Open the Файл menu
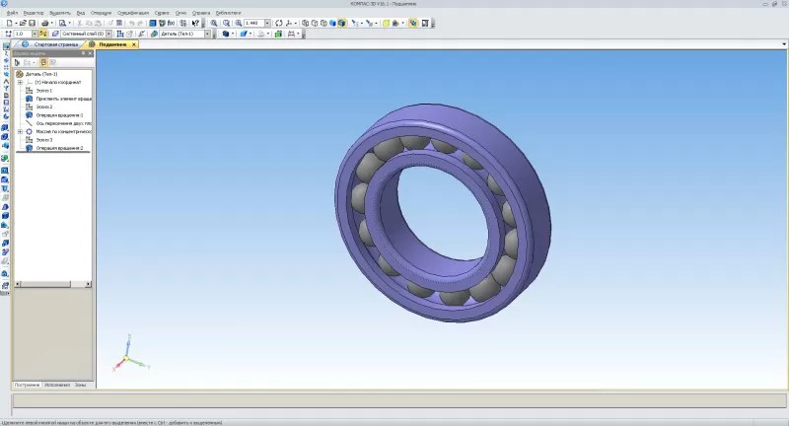12,12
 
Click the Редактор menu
34,12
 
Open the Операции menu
102,12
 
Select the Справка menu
199,12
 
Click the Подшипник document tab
111,44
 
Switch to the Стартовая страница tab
54,44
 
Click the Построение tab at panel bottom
27,384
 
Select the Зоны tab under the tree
80,384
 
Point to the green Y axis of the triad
140,364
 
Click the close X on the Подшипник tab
135,44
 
